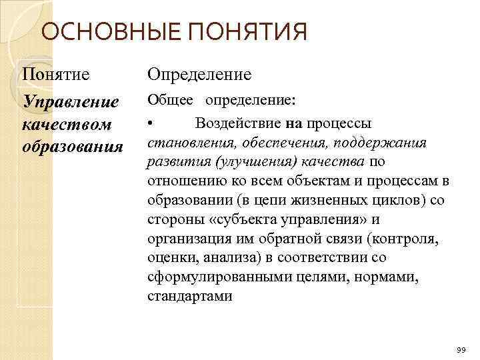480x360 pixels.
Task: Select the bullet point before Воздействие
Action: (151, 123)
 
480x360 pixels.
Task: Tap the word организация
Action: (187, 239)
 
